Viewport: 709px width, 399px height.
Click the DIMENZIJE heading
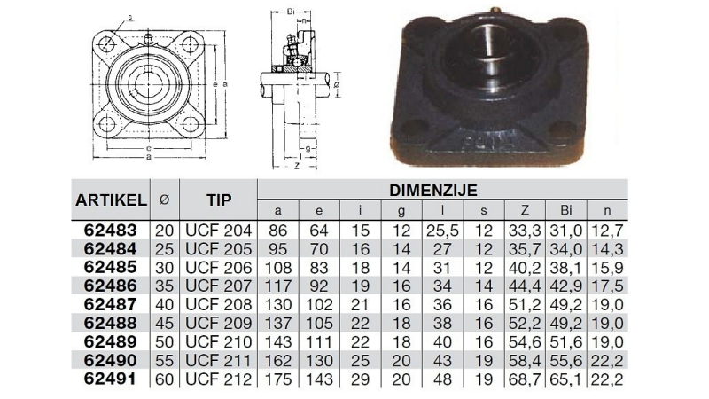pyautogui.click(x=433, y=191)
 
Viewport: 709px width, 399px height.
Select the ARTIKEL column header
pyautogui.click(x=112, y=200)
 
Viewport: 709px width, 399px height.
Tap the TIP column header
pyautogui.click(x=219, y=200)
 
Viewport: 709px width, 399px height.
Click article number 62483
pyautogui.click(x=110, y=231)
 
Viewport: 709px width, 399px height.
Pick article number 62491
pyautogui.click(x=110, y=379)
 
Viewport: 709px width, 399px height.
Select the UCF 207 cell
pyautogui.click(x=219, y=286)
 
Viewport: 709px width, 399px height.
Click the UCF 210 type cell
pyautogui.click(x=219, y=341)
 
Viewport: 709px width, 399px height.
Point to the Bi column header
pyautogui.click(x=566, y=210)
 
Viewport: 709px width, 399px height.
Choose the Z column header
pyautogui.click(x=525, y=210)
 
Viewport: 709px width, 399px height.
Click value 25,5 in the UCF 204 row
pyautogui.click(x=442, y=231)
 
